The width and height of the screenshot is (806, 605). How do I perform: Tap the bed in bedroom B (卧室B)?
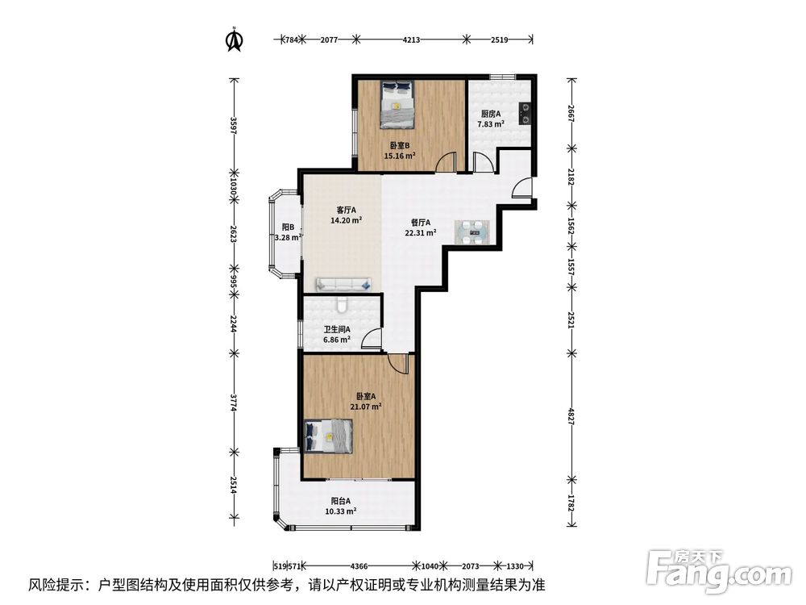click(x=397, y=104)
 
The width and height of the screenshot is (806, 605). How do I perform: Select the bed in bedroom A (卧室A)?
click(x=329, y=436)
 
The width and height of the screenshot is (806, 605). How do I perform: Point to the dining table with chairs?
click(x=472, y=232)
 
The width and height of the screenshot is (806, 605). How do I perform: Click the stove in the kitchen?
click(x=525, y=114)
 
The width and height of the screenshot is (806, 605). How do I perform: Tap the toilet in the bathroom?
click(x=342, y=305)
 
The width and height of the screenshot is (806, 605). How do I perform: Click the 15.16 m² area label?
click(x=400, y=156)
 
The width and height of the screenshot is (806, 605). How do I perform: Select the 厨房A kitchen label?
click(x=490, y=115)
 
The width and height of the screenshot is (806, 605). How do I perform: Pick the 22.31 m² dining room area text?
click(x=421, y=232)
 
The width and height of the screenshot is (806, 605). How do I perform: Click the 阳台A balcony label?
click(x=341, y=501)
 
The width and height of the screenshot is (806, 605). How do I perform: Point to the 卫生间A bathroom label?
click(x=337, y=330)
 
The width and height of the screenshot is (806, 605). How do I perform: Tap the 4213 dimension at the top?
click(x=411, y=39)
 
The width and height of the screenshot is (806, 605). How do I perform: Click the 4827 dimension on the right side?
click(x=571, y=416)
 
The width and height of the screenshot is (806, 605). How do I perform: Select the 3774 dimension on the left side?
click(x=233, y=403)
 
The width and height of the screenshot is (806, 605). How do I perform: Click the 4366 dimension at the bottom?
click(x=359, y=566)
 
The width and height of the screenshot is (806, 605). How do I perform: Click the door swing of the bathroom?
click(x=372, y=340)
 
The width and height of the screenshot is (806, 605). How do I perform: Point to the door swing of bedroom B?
click(x=446, y=161)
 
